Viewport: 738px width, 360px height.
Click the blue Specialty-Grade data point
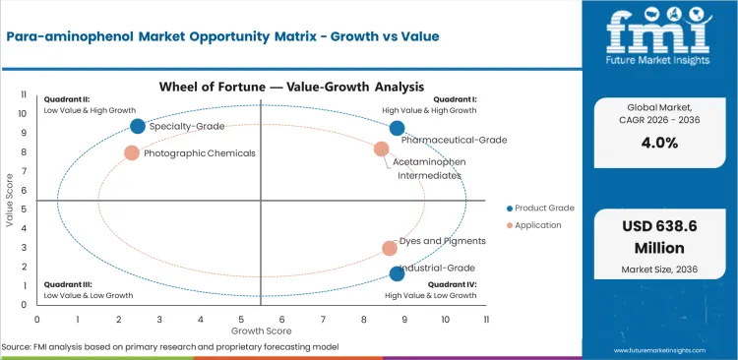click(138, 126)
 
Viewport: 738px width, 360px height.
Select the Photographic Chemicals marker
click(132, 152)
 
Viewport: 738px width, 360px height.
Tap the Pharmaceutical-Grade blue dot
click(397, 128)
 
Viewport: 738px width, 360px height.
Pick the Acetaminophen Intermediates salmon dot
click(382, 149)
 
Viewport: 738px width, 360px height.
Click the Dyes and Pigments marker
click(390, 249)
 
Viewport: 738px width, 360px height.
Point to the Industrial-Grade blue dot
click(397, 273)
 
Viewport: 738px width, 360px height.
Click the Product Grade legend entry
click(540, 208)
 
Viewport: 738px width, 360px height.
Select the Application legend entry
click(537, 225)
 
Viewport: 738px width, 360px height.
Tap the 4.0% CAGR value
click(659, 142)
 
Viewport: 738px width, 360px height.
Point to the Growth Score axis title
click(261, 331)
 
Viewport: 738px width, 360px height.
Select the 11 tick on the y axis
click(23, 95)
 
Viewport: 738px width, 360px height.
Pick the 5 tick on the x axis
click(241, 320)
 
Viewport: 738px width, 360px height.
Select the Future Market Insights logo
click(659, 39)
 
